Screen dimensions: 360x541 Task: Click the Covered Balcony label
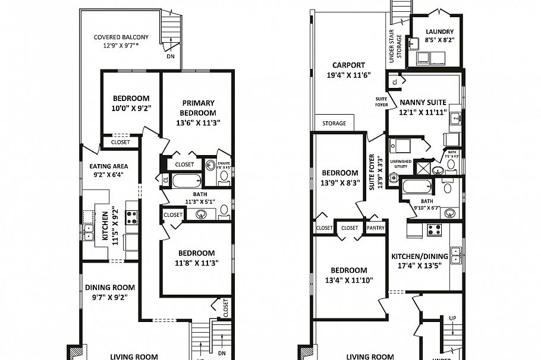click(x=121, y=37)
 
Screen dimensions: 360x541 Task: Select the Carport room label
click(x=349, y=65)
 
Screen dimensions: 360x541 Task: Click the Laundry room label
click(x=439, y=31)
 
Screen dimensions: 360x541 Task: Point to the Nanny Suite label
click(x=423, y=102)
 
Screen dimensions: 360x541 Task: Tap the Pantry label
click(x=376, y=228)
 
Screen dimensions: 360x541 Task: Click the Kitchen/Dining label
click(x=419, y=257)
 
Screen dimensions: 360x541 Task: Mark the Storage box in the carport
click(x=334, y=123)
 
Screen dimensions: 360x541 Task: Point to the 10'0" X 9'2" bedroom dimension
click(x=131, y=109)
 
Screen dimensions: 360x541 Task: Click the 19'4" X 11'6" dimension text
click(x=349, y=75)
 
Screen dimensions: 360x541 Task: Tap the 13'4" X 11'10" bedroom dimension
click(x=349, y=280)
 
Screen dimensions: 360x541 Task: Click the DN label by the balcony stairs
click(x=171, y=57)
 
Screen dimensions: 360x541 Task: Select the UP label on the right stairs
click(x=452, y=318)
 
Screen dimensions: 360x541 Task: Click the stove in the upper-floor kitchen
click(x=131, y=217)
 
